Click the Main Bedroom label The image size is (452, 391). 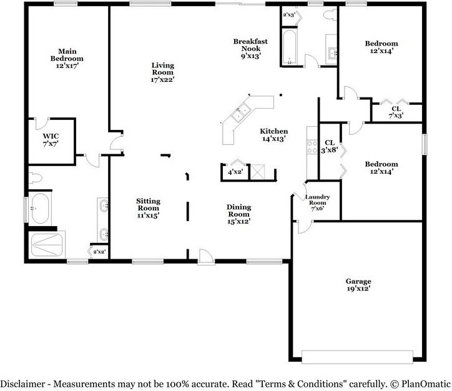(x=67, y=55)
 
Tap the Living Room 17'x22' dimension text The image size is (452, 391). (x=162, y=79)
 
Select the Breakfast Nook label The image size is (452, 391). (x=250, y=45)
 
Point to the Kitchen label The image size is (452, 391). (x=273, y=131)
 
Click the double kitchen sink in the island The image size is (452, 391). (x=240, y=113)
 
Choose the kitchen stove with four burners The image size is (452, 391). (x=312, y=147)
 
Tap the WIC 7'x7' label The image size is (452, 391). (x=51, y=140)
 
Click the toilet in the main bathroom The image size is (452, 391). (x=36, y=178)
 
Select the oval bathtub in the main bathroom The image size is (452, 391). (x=40, y=209)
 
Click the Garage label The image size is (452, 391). (x=358, y=281)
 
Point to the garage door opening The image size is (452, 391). (x=358, y=357)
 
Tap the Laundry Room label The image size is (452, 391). (x=317, y=199)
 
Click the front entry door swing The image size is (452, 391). (x=206, y=256)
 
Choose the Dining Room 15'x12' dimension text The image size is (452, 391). (x=238, y=222)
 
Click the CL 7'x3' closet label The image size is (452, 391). (x=396, y=112)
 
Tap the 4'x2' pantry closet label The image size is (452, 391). (x=235, y=172)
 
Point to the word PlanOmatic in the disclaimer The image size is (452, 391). (x=426, y=384)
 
